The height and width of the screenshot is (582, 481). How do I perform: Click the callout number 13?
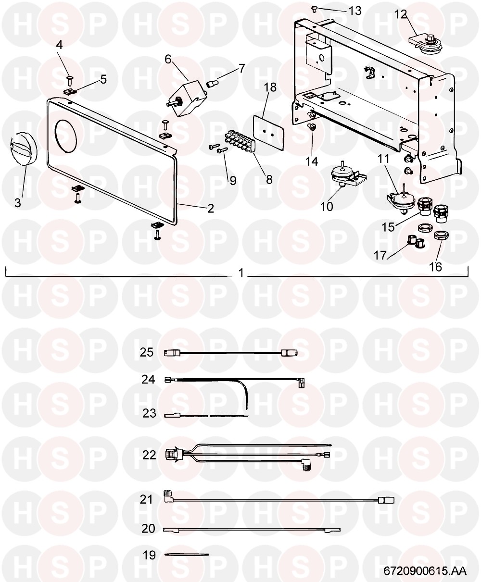pos(355,11)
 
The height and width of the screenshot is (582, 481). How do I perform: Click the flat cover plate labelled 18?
pos(268,128)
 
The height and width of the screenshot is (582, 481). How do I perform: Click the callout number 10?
pos(327,207)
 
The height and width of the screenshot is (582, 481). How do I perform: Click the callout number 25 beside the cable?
pos(147,352)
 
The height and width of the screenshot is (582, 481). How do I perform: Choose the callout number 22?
pos(149,455)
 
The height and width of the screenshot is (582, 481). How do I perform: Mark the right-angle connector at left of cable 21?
pos(168,496)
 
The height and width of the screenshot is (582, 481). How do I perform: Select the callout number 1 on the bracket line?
pos(241,273)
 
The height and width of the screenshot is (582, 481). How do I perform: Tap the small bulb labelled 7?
pos(212,83)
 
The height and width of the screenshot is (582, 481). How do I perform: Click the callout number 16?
pos(435,267)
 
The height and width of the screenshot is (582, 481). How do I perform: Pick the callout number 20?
pos(148,528)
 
